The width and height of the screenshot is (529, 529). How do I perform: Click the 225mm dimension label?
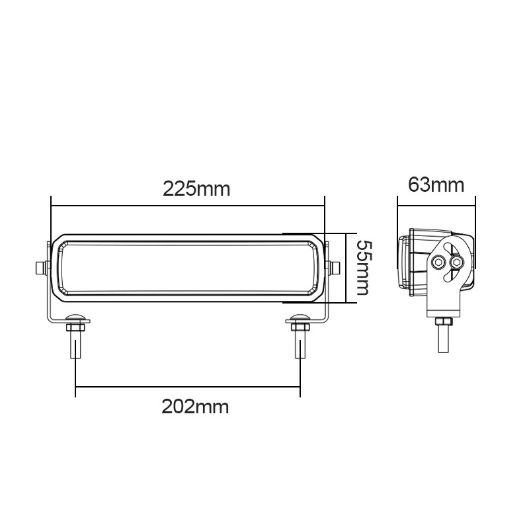pos(196,189)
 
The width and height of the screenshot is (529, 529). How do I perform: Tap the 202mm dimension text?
pos(195,406)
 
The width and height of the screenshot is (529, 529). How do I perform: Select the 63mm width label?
pos(436,184)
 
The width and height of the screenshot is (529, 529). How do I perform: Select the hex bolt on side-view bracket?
pos(438,263)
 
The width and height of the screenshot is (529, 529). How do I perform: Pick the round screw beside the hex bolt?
pos(455,263)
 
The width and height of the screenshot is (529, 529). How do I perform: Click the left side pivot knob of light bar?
pos(40,267)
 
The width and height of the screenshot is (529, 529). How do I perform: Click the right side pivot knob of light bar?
pos(334,267)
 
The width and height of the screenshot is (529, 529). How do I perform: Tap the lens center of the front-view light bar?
pos(187,267)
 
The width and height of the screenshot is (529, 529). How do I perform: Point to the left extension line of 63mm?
pos(397,215)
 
